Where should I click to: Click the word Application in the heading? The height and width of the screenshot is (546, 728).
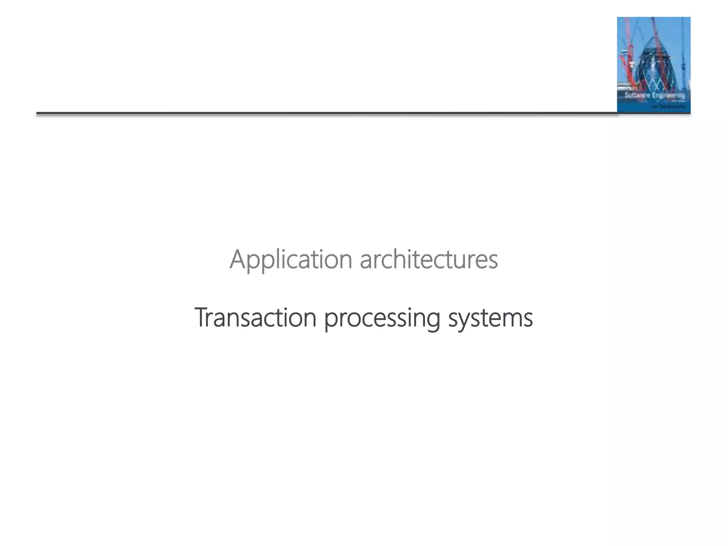(x=291, y=260)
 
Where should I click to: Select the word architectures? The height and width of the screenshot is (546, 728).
(x=429, y=260)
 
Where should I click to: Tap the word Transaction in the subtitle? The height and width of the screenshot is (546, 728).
(x=255, y=317)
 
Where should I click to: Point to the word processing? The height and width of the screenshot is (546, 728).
(x=382, y=318)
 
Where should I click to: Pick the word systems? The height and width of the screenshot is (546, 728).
(x=491, y=318)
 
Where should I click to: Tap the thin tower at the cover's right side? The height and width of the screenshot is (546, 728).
(x=683, y=60)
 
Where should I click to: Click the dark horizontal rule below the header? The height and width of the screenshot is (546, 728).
(x=320, y=114)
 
